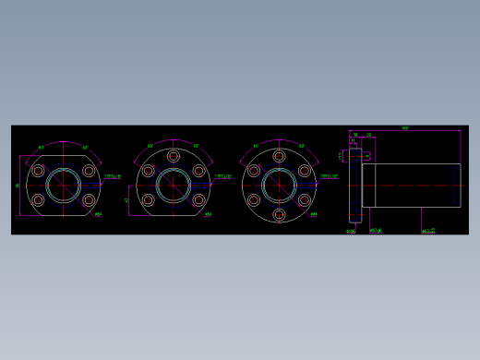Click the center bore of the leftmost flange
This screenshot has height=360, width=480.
tap(63, 185)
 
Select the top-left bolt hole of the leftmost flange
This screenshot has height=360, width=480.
tap(38, 171)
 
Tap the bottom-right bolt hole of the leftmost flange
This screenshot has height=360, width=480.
tap(89, 199)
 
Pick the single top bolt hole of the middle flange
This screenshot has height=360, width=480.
tap(173, 156)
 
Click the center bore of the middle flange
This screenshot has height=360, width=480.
tap(173, 185)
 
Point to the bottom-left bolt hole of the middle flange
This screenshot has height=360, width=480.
tap(148, 199)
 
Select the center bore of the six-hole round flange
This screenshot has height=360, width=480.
tap(279, 185)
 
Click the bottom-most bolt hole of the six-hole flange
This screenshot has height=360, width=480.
tap(279, 214)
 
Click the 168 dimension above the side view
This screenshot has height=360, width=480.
tap(405, 128)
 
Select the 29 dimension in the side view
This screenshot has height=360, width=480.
tap(369, 136)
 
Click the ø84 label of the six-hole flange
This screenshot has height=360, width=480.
tap(314, 215)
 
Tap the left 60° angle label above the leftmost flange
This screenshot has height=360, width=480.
tap(42, 147)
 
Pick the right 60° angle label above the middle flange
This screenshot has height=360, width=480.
tap(196, 146)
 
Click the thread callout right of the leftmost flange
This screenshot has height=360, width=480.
tap(112, 175)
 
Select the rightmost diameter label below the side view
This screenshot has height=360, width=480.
tap(428, 231)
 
